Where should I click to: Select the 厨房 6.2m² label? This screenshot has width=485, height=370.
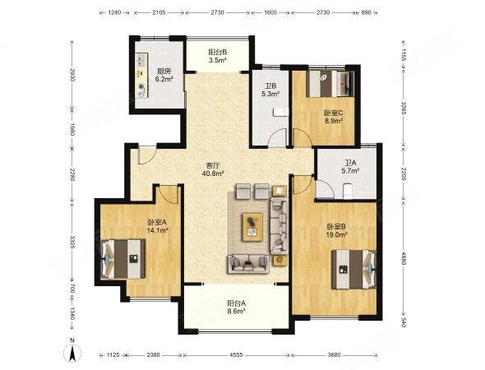coord(164,75)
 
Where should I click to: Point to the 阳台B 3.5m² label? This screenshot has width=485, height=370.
coord(218,56)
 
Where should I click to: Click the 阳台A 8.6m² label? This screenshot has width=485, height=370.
coord(236,307)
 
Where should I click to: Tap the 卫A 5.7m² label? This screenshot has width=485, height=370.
coord(350,166)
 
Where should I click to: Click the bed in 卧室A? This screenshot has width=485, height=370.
coord(123,259)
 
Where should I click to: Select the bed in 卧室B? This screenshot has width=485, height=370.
coord(353,269)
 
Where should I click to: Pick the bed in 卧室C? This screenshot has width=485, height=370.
coord(330,84)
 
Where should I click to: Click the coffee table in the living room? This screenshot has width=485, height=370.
coord(252,227)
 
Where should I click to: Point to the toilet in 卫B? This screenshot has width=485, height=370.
coord(281,112)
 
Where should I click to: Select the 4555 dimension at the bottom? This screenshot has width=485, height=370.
coord(236,355)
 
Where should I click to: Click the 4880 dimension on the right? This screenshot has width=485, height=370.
coord(403,257)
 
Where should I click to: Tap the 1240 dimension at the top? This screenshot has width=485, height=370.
coord(114,12)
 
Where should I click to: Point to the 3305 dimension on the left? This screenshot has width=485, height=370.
coord(72,242)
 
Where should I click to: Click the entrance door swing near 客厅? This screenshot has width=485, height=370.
coord(146,155)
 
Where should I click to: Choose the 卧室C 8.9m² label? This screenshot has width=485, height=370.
coord(333,117)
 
